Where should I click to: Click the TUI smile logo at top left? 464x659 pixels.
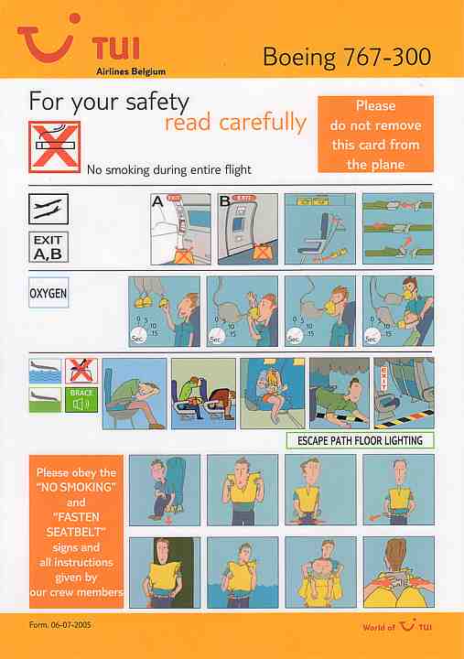(50, 41)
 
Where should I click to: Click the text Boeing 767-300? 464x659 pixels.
(346, 57)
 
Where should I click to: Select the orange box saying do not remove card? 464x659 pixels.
(375, 135)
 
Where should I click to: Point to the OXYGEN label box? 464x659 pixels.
(49, 297)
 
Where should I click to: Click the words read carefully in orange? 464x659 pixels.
(235, 123)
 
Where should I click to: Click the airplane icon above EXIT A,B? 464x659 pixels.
(49, 210)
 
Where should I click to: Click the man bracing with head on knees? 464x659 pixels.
(135, 394)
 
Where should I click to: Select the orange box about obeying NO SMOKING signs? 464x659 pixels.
(75, 531)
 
